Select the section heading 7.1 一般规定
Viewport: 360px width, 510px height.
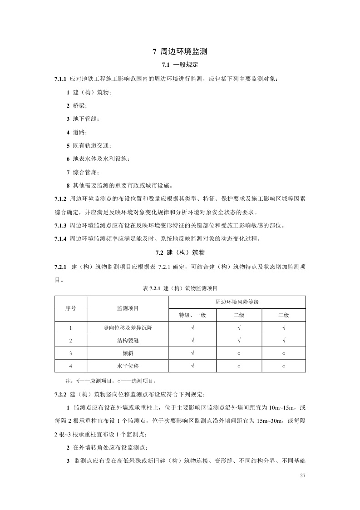click(180, 65)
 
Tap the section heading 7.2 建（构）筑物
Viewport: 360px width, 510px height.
click(180, 253)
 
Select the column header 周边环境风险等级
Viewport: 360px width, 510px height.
click(237, 302)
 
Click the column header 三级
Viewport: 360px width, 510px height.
click(283, 315)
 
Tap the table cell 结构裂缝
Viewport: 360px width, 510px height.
click(128, 340)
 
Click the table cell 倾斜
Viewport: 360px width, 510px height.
click(128, 353)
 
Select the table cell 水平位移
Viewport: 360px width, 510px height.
click(128, 366)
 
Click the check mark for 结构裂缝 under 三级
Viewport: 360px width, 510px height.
click(283, 340)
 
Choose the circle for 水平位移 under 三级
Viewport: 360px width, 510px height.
click(283, 366)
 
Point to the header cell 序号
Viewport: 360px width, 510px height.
click(70, 308)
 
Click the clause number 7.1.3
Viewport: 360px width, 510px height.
click(60, 226)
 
